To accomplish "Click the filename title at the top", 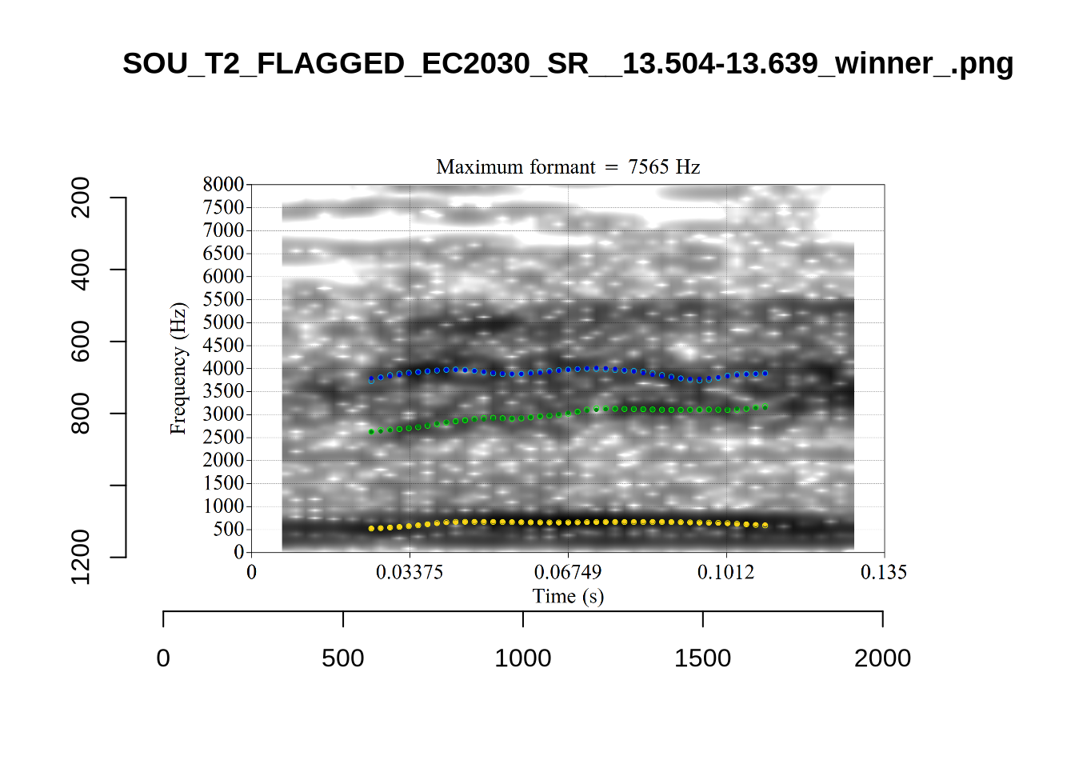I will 568,63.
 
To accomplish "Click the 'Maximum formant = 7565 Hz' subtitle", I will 568,167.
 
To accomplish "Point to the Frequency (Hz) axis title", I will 178,368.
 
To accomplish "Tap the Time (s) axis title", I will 568,596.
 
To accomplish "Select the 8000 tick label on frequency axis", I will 223,185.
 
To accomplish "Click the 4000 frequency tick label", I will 223,369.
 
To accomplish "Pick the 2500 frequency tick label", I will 223,438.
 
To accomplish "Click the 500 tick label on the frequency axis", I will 228,530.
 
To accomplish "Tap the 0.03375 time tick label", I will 410,572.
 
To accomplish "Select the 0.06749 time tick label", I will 568,572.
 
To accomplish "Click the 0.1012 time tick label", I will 725,572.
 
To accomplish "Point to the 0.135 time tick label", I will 884,572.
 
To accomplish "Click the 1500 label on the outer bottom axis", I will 702,658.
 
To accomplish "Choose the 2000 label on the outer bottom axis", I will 882,658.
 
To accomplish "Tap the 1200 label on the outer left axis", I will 81,557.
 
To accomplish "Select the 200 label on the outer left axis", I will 81,198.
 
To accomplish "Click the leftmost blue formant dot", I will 371,379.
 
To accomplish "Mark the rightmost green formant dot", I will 765,407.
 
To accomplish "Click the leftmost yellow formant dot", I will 371,529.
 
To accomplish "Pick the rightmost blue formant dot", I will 765,374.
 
